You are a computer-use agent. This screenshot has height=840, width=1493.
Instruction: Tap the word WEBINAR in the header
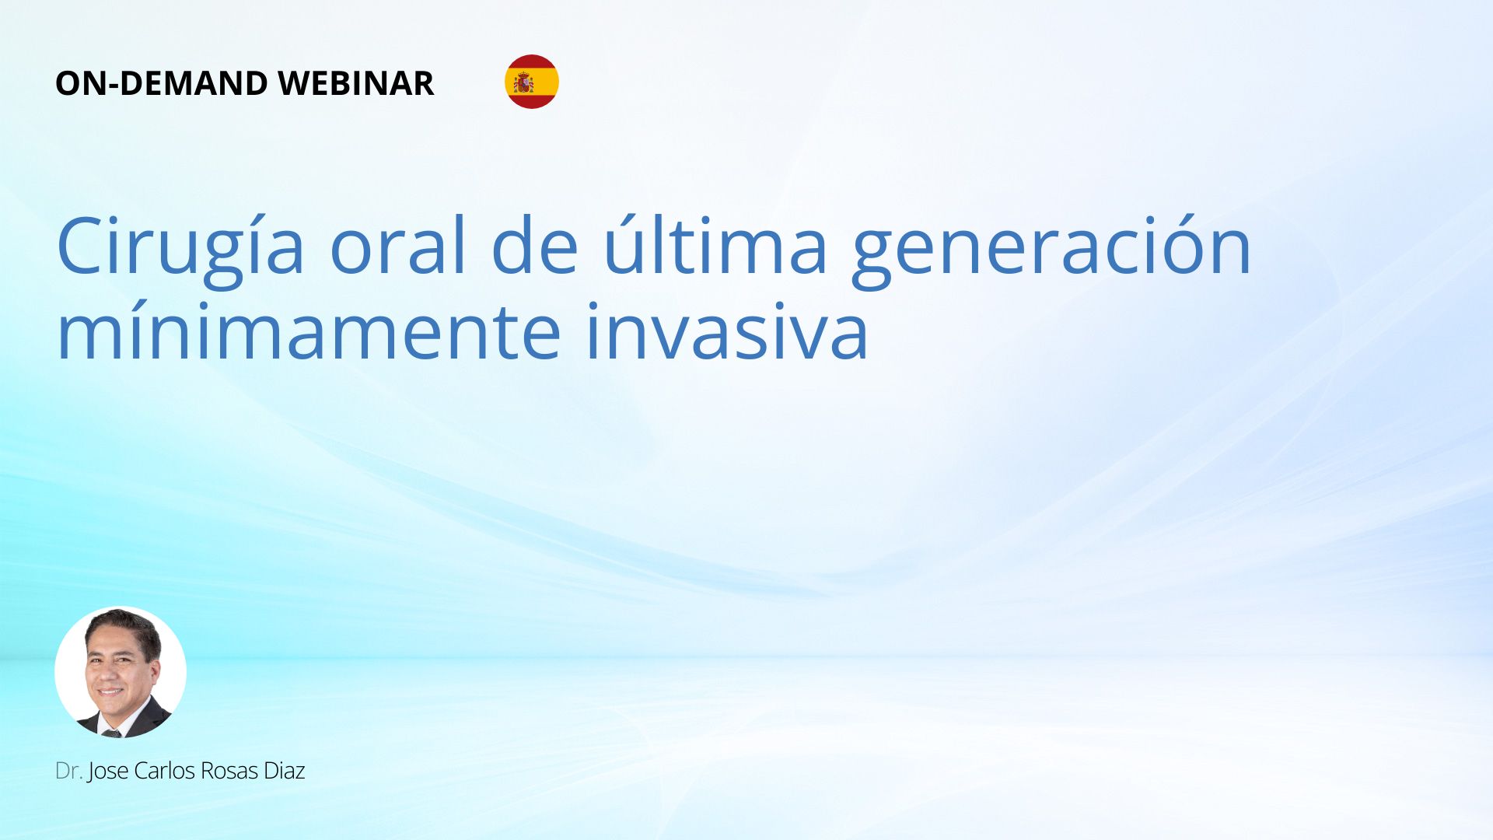pyautogui.click(x=356, y=83)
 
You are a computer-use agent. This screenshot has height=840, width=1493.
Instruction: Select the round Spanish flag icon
pyautogui.click(x=532, y=82)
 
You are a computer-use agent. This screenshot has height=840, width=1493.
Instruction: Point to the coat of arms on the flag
pyautogui.click(x=523, y=82)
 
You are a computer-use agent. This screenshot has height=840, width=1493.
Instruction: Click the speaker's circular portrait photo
pyautogui.click(x=121, y=672)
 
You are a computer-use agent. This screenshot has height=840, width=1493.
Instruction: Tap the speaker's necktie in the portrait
pyautogui.click(x=112, y=733)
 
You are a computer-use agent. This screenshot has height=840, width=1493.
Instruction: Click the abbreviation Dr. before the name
pyautogui.click(x=68, y=771)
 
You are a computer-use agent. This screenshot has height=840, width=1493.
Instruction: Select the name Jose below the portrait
pyautogui.click(x=108, y=772)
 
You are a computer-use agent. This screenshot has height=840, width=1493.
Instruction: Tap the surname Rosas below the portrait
pyautogui.click(x=229, y=771)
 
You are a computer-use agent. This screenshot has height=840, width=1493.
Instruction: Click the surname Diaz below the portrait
pyautogui.click(x=284, y=771)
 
